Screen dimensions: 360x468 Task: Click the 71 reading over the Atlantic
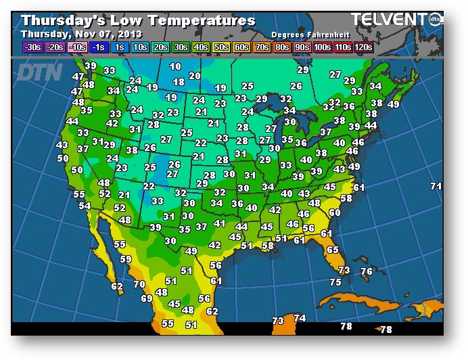point(436,186)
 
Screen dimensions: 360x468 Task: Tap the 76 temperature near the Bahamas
point(366,271)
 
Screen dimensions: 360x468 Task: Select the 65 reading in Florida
point(332,250)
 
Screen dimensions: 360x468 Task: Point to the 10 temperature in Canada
point(175,66)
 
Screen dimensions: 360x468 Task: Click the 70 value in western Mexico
point(139,284)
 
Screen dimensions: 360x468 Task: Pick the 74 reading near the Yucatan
point(300,318)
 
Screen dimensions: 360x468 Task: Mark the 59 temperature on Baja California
point(126,259)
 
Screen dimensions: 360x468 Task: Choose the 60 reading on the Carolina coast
point(333,212)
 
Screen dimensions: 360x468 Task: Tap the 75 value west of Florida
point(335,282)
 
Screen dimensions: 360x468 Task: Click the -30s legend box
point(32,47)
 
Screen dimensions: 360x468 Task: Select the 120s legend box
point(363,47)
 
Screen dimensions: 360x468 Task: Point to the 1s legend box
point(119,47)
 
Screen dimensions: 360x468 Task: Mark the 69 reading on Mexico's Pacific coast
point(147,298)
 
